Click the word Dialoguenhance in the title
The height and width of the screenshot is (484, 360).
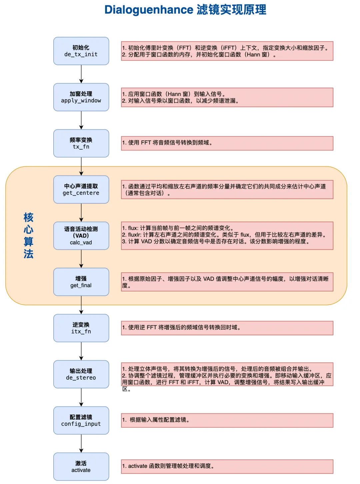tap(149, 10)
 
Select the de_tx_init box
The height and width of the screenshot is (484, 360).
tap(81, 51)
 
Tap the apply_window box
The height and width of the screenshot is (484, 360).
tap(81, 97)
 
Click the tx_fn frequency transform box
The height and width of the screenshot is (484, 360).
tap(81, 143)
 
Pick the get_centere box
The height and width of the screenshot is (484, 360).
tap(81, 189)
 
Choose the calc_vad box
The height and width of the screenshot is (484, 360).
tap(81, 235)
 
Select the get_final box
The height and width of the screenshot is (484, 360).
tap(81, 282)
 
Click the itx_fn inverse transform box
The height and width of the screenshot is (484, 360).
tap(81, 328)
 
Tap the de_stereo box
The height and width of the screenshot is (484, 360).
tap(81, 374)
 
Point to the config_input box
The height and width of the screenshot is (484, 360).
tap(81, 420)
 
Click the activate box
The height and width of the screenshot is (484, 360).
tap(81, 466)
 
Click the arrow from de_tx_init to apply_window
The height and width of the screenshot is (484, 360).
tap(81, 74)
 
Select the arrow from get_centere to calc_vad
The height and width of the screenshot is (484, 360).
tap(81, 212)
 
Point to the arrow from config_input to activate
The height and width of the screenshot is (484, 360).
tap(81, 443)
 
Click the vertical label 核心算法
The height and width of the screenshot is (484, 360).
tap(28, 235)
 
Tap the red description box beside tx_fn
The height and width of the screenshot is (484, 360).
tap(227, 143)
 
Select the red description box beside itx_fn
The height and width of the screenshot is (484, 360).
tap(227, 328)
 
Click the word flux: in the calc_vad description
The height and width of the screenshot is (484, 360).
tap(133, 228)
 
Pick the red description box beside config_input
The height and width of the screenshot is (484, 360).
tap(227, 420)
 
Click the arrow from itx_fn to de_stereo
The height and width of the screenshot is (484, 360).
tap(81, 351)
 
